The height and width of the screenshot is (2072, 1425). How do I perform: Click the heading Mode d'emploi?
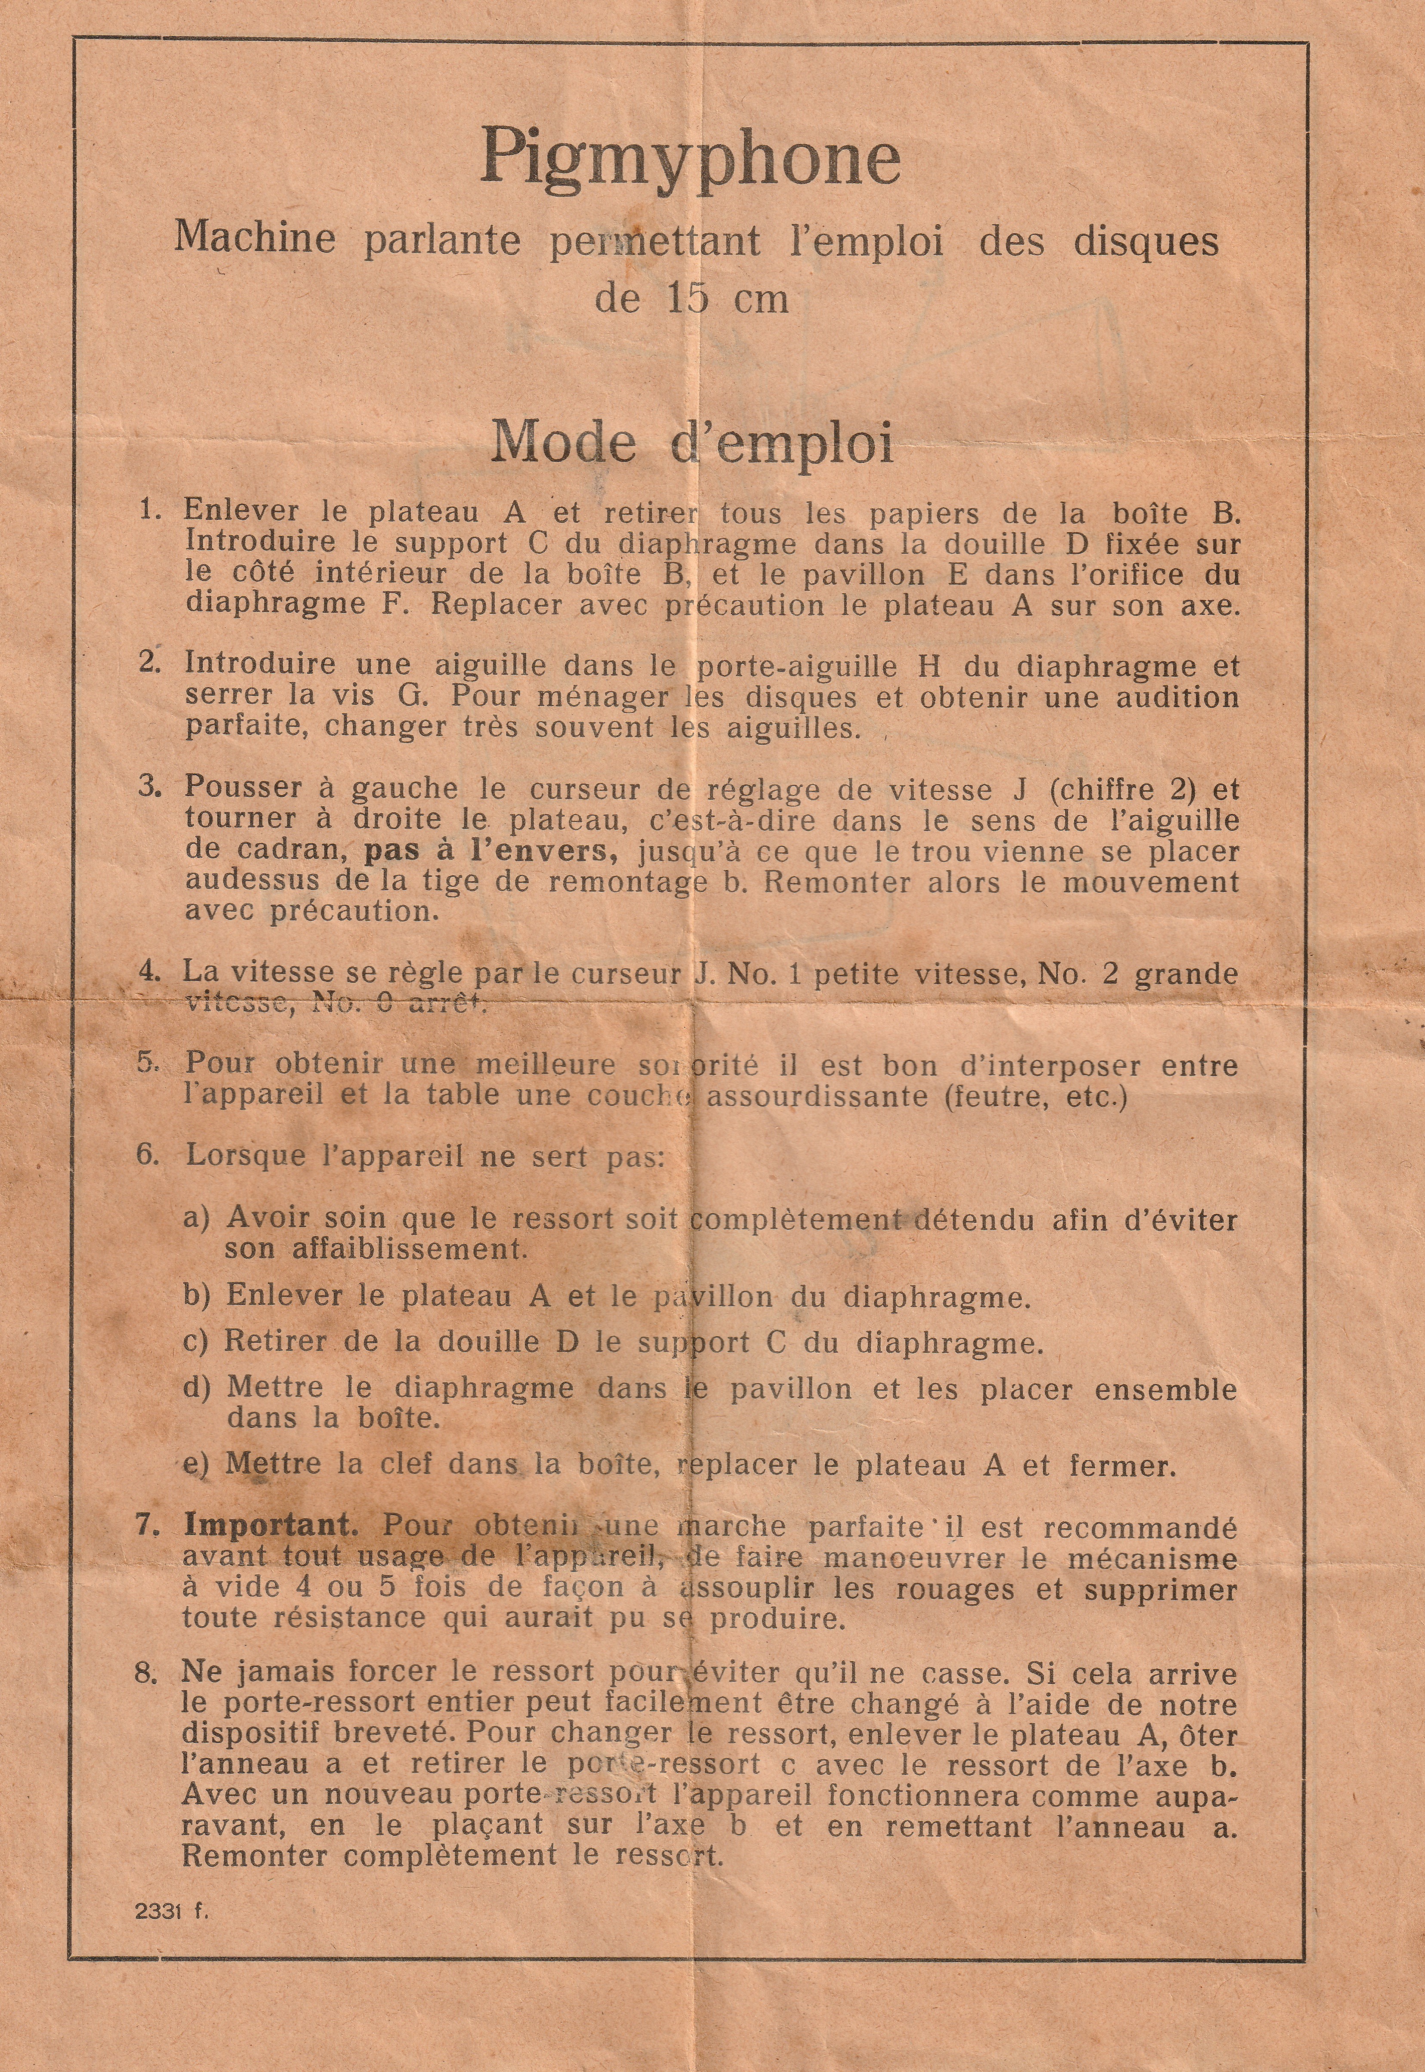click(x=692, y=442)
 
